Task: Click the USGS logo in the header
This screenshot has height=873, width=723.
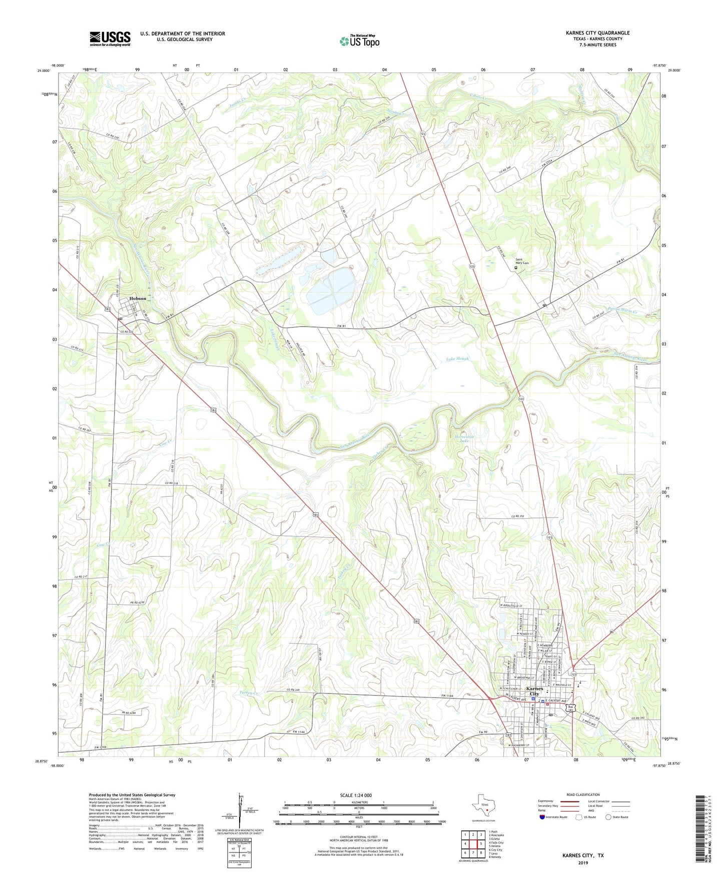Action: coord(110,38)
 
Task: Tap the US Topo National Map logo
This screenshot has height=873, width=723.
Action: coord(359,41)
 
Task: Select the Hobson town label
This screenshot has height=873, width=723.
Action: coord(138,298)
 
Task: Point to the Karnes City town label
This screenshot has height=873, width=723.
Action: coord(534,691)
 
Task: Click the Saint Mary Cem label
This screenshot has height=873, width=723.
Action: coord(522,261)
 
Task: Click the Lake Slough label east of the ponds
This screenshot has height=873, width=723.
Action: coord(457,359)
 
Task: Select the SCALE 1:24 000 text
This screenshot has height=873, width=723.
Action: coord(355,795)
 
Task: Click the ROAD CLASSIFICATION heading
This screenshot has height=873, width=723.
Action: coord(583,794)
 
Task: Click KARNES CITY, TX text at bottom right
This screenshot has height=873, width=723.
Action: coord(583,855)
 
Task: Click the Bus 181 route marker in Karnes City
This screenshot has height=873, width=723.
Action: coord(570,708)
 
